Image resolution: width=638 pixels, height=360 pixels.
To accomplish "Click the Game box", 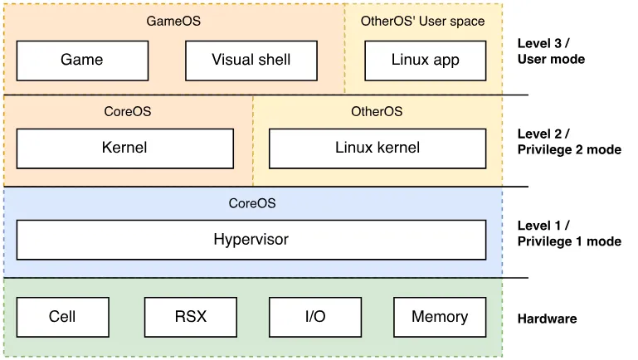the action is pyautogui.click(x=82, y=61).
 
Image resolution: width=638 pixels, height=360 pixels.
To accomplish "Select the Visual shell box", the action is pyautogui.click(x=251, y=61).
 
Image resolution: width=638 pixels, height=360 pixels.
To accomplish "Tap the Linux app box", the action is pyautogui.click(x=426, y=61).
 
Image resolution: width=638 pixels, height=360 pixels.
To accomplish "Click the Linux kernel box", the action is pyautogui.click(x=377, y=148).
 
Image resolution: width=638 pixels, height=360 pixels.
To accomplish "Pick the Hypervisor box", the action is pyautogui.click(x=251, y=240).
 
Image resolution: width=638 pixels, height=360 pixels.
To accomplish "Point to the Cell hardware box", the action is pyautogui.click(x=63, y=318).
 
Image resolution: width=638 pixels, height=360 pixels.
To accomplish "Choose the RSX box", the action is pyautogui.click(x=191, y=318).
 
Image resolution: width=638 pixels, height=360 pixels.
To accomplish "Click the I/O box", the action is pyautogui.click(x=315, y=318).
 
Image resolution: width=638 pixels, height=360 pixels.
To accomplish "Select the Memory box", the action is pyautogui.click(x=440, y=318).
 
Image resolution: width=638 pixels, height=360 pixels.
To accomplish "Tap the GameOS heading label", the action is pyautogui.click(x=173, y=22).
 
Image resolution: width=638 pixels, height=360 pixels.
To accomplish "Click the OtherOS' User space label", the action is pyautogui.click(x=423, y=22).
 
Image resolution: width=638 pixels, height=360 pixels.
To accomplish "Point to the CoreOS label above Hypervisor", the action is pyautogui.click(x=252, y=203).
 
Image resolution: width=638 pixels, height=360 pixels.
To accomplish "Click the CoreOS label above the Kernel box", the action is pyautogui.click(x=128, y=111).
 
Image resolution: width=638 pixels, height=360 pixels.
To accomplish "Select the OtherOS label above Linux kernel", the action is pyautogui.click(x=377, y=111).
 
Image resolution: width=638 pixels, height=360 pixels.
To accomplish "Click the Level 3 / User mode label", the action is pyautogui.click(x=551, y=51).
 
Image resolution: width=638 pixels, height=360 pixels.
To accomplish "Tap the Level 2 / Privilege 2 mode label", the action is pyautogui.click(x=569, y=142).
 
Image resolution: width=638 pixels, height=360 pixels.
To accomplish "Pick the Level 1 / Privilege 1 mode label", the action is pyautogui.click(x=569, y=233).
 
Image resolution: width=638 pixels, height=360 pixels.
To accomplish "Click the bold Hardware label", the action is pyautogui.click(x=547, y=319).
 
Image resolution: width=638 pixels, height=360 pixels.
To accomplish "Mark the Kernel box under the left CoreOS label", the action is pyautogui.click(x=125, y=148).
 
